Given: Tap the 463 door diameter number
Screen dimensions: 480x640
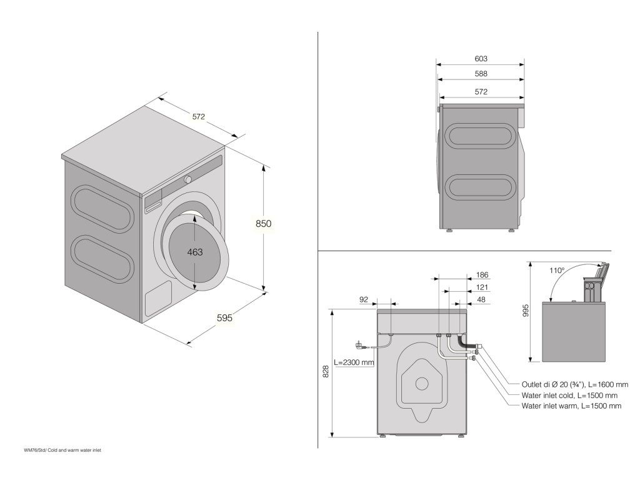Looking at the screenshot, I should click(196, 252).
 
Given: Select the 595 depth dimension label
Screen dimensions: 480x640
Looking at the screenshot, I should click(224, 318).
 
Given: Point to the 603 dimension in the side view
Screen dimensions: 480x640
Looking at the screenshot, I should click(481, 59).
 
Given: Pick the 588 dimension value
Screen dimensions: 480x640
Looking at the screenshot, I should click(481, 74).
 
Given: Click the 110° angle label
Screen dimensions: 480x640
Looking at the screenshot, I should click(557, 271).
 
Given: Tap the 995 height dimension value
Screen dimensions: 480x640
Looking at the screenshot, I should click(526, 311).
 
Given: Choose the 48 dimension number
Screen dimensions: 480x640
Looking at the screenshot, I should click(481, 300).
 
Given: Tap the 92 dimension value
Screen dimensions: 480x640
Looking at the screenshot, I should click(364, 300).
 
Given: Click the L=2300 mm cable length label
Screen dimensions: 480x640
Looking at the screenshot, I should click(354, 362).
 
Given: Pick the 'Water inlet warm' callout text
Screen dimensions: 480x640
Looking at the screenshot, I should click(571, 406).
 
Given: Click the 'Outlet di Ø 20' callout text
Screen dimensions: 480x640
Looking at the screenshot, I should click(574, 385).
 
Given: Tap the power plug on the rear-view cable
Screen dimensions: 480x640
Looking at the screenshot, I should click(361, 345).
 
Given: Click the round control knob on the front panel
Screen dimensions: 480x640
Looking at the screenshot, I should click(187, 179).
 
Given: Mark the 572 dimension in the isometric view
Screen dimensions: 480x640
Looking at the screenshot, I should click(199, 117).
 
